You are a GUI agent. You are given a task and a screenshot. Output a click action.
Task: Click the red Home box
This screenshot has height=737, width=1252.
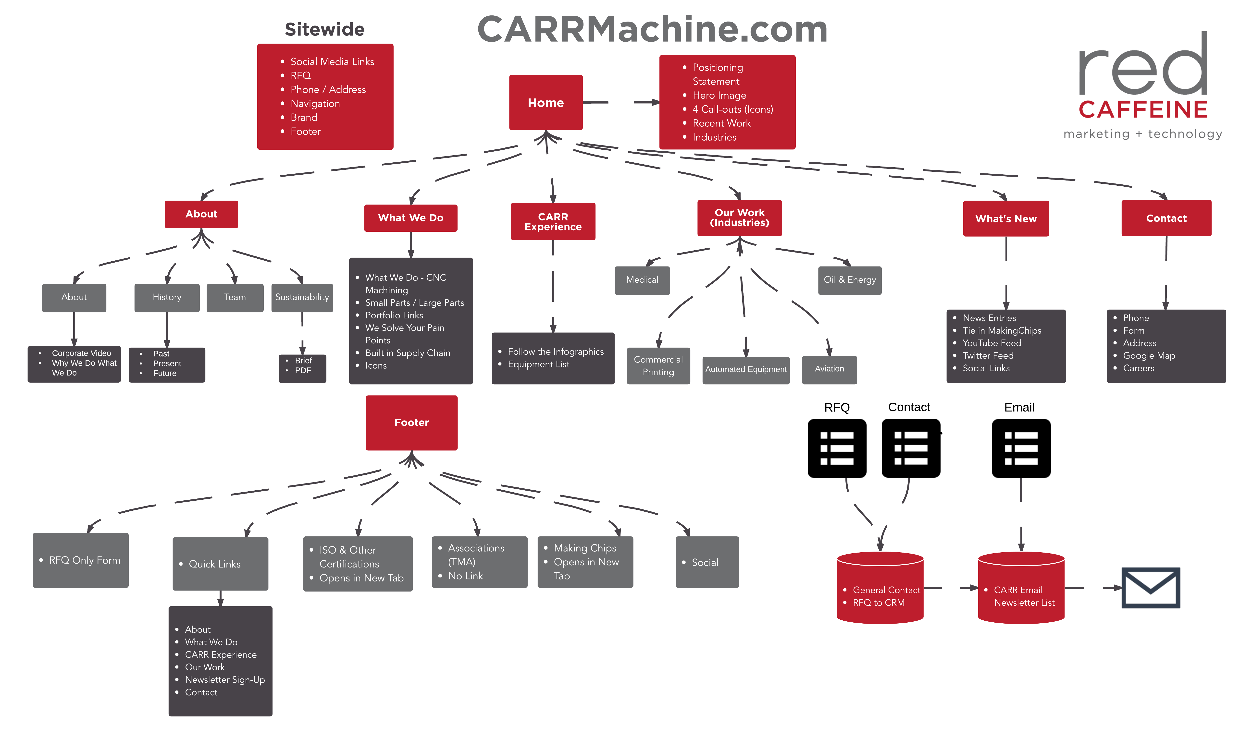545,103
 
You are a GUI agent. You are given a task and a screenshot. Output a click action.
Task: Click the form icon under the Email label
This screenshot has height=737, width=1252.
1021,448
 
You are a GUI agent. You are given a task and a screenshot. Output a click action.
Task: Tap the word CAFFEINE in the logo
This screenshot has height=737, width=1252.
1143,110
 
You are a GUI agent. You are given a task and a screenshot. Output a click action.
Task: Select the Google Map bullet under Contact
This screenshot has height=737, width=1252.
1149,356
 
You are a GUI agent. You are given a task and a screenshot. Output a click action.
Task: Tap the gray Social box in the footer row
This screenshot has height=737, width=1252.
707,562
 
